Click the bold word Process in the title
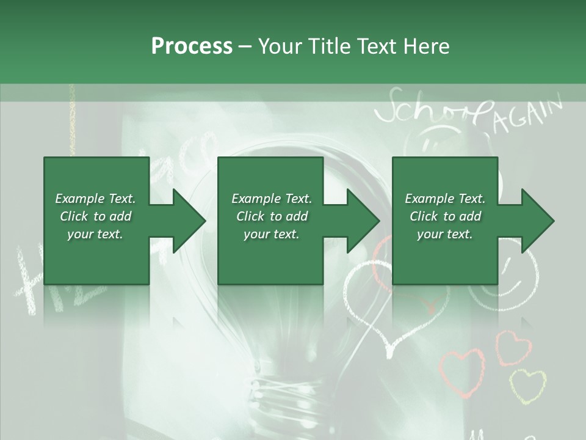(192, 46)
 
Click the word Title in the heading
(326, 46)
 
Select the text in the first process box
(95, 216)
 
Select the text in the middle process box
(271, 216)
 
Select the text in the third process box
(445, 216)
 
